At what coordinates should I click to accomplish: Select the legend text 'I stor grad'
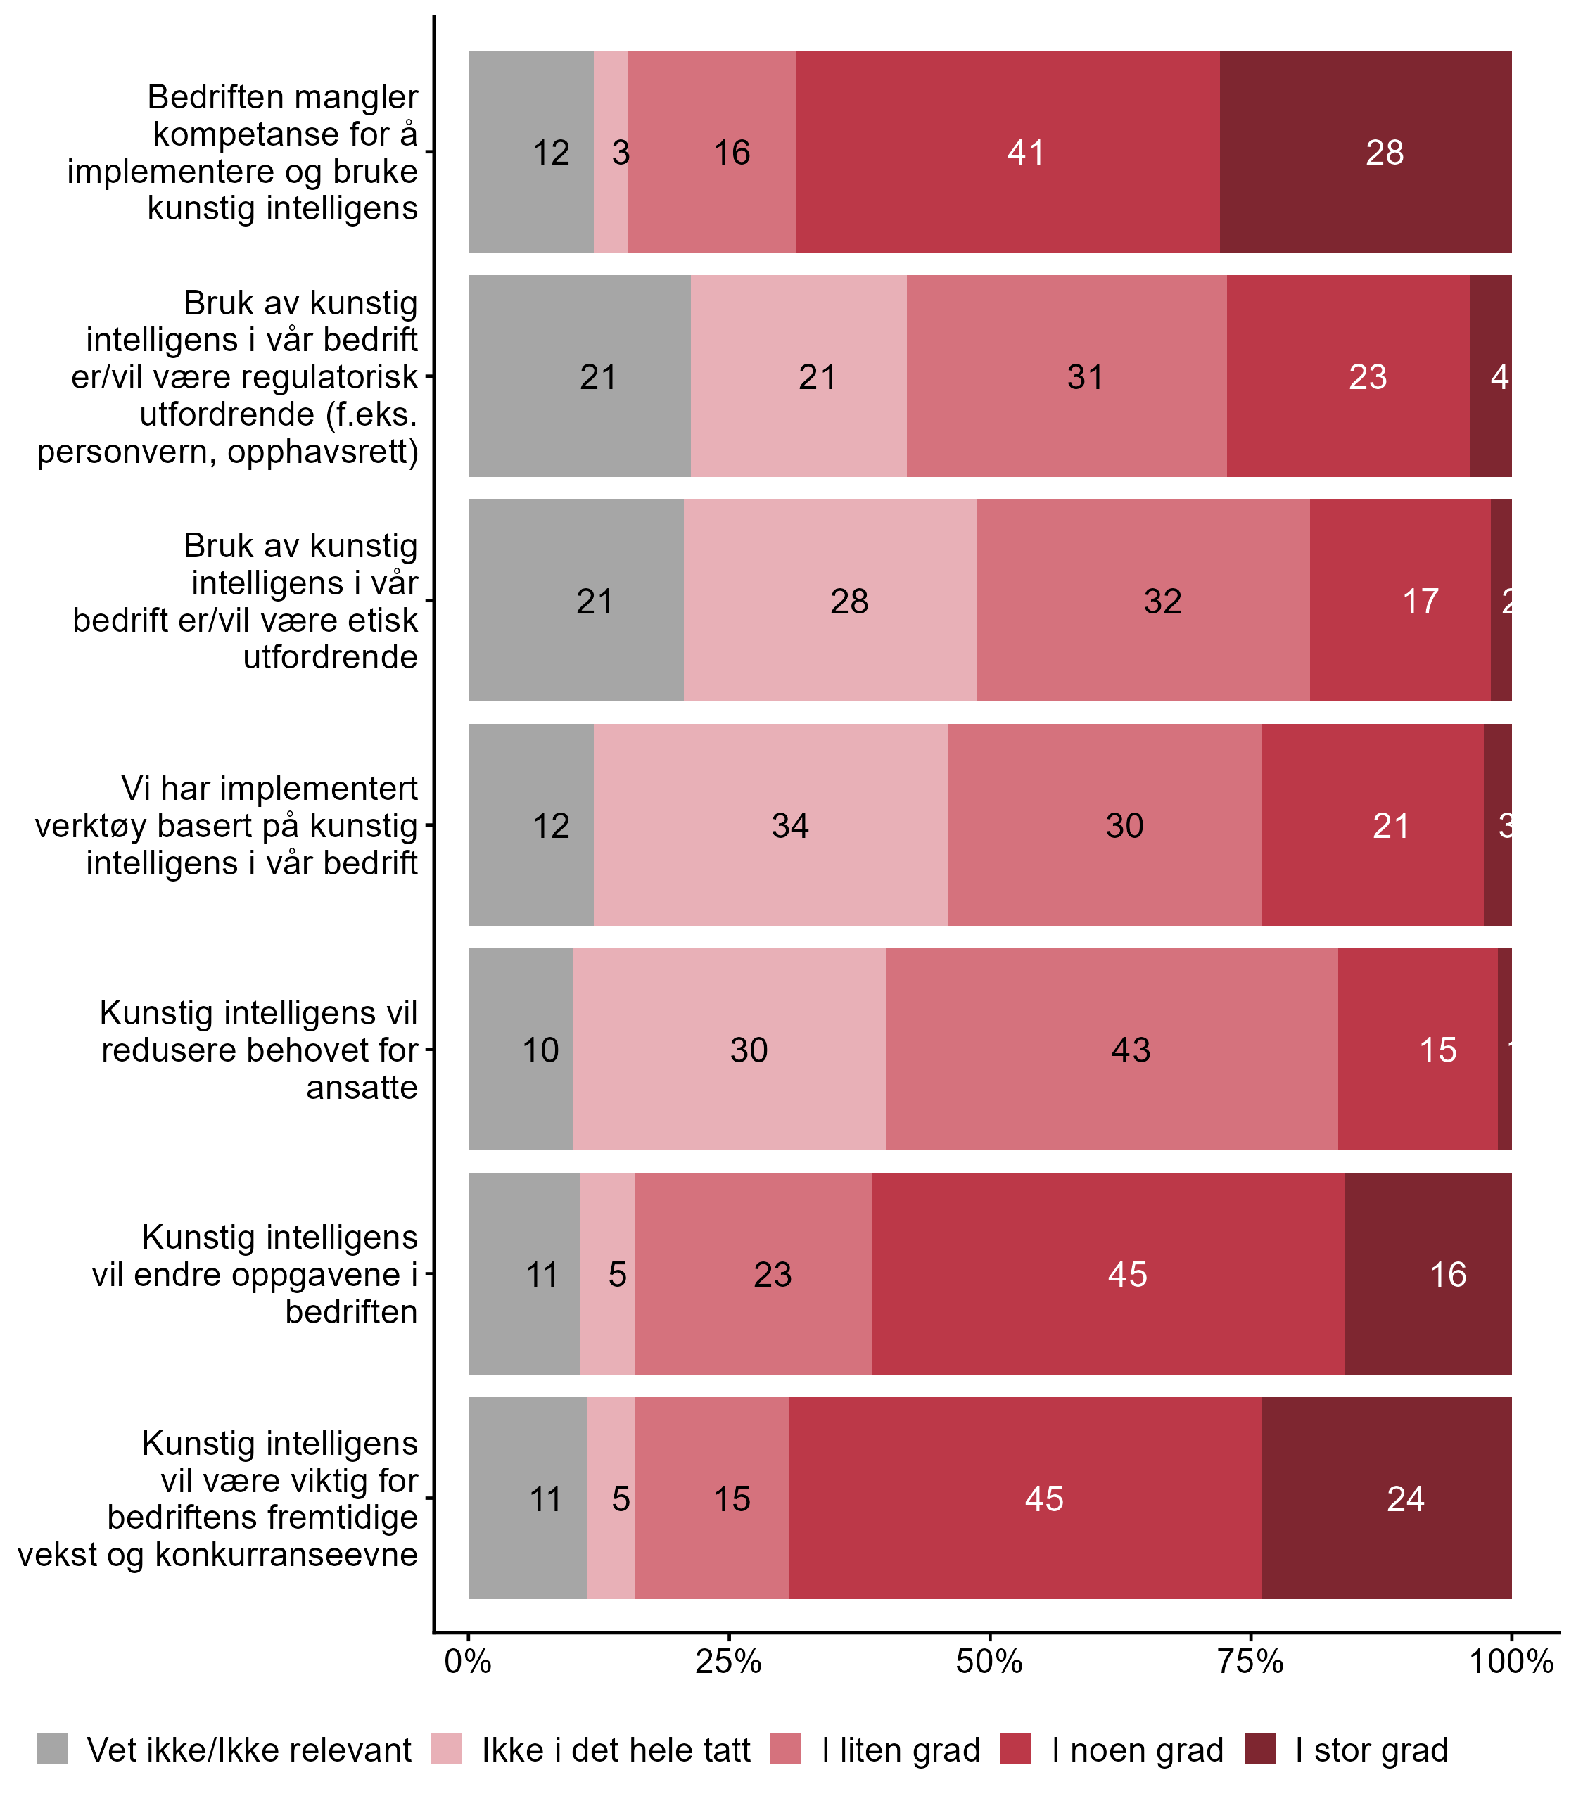tap(1371, 1750)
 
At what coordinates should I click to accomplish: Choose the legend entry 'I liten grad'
tap(901, 1750)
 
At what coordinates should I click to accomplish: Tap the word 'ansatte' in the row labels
tap(362, 1088)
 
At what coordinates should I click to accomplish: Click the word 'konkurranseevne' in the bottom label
tap(287, 1554)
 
